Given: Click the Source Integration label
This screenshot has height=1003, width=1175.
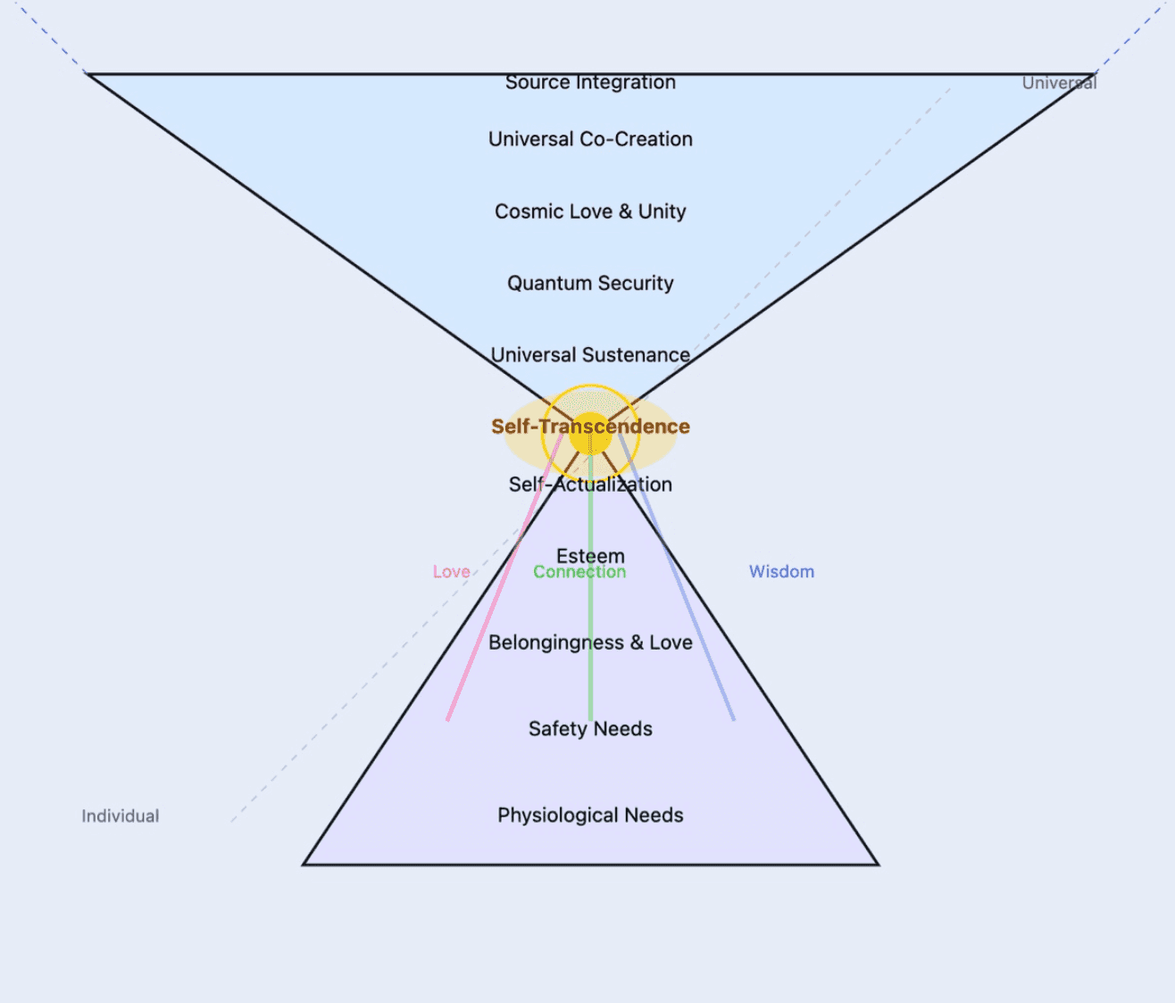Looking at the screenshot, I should point(590,83).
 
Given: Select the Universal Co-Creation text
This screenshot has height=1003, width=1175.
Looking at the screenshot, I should point(590,139).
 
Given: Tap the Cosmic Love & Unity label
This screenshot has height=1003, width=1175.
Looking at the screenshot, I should point(590,211).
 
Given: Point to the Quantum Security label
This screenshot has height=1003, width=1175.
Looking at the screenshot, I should point(590,283).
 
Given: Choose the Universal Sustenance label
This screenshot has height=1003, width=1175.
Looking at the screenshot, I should point(590,355).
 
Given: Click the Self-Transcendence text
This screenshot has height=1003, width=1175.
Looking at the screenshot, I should point(590,427).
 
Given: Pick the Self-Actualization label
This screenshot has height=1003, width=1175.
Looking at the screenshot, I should point(590,485).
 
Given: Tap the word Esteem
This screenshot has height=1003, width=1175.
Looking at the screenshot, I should point(590,555).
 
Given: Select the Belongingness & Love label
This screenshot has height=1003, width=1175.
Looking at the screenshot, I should point(590,642).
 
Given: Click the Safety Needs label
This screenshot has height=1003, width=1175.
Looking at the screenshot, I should point(590,729).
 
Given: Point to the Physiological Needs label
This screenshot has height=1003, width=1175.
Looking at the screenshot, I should point(590,815).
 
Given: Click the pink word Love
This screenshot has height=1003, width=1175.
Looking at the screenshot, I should point(451,572).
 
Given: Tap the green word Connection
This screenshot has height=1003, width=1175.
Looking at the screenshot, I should point(579,573).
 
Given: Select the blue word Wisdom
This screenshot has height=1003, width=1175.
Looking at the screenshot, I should point(781,572).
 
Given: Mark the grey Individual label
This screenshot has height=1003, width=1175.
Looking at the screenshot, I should point(121,816).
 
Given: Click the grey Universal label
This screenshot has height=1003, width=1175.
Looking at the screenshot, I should point(1059,83).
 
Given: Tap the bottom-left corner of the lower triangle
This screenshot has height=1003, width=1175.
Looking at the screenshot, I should point(304,864).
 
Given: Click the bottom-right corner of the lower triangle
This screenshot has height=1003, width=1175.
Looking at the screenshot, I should point(878,864).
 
